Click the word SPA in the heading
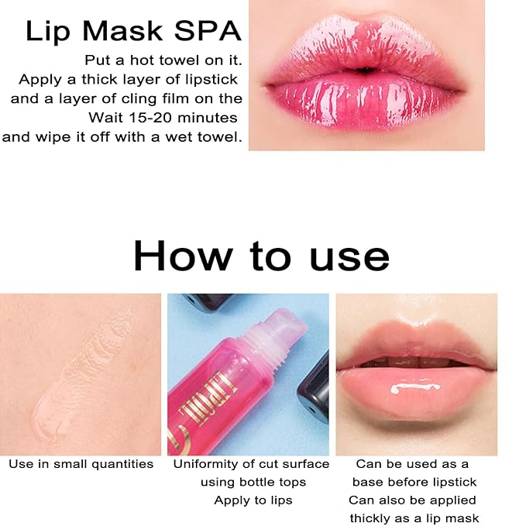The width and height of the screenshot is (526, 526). click(x=208, y=32)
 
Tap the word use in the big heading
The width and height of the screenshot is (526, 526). click(x=349, y=256)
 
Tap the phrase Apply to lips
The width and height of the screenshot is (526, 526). click(x=253, y=500)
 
